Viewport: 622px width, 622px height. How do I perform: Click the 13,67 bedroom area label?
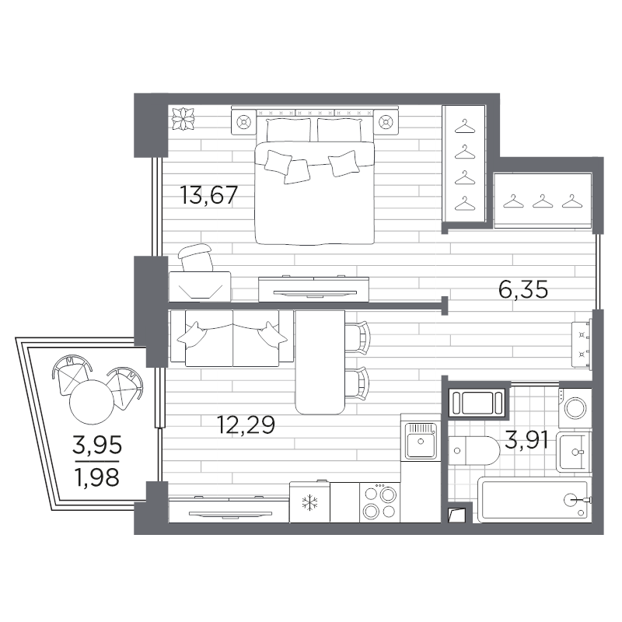pyautogui.click(x=208, y=195)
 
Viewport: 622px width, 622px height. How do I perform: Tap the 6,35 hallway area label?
pyautogui.click(x=523, y=289)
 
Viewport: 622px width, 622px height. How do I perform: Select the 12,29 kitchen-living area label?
pyautogui.click(x=246, y=425)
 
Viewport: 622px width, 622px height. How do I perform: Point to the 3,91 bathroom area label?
pyautogui.click(x=526, y=441)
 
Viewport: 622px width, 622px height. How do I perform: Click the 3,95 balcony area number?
pyautogui.click(x=97, y=445)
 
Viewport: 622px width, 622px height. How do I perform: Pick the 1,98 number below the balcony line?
pyautogui.click(x=97, y=477)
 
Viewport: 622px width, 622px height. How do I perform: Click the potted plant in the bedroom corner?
pyautogui.click(x=183, y=119)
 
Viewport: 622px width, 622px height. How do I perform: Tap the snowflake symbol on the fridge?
pyautogui.click(x=309, y=502)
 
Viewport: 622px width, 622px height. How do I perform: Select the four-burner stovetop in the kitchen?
pyautogui.click(x=380, y=502)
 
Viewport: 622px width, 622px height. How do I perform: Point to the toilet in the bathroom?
pyautogui.click(x=474, y=451)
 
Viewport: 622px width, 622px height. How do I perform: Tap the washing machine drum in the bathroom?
pyautogui.click(x=575, y=408)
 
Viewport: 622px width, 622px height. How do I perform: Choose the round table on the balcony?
pyautogui.click(x=92, y=402)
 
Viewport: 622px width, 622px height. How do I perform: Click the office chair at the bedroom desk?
pyautogui.click(x=195, y=258)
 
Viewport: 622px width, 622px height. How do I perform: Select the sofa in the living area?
pyautogui.click(x=232, y=337)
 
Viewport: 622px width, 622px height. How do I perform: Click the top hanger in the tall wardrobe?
pyautogui.click(x=464, y=128)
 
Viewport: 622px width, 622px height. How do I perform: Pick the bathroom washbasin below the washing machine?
pyautogui.click(x=574, y=452)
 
